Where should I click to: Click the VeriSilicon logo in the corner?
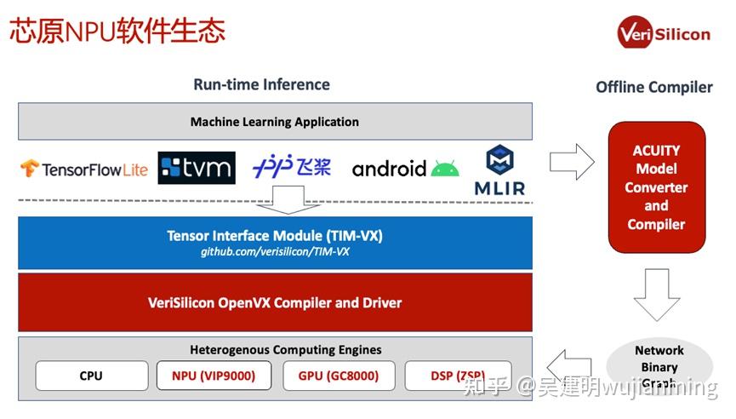pos(663,33)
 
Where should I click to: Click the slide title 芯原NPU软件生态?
pos(117,31)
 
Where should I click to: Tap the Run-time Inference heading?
pos(261,84)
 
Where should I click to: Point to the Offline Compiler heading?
pos(653,87)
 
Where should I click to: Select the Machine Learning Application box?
pos(275,122)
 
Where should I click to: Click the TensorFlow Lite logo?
pos(84,169)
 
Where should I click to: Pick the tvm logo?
pos(196,167)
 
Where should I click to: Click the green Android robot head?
pos(444,168)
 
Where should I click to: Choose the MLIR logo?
pos(499,170)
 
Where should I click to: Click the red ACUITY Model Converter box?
pos(656,187)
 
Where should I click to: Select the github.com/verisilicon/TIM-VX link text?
pos(275,253)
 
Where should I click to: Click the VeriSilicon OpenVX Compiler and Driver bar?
pos(275,302)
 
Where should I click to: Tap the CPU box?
pos(91,376)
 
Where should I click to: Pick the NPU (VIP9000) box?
pos(214,376)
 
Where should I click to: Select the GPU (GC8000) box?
pos(338,376)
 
